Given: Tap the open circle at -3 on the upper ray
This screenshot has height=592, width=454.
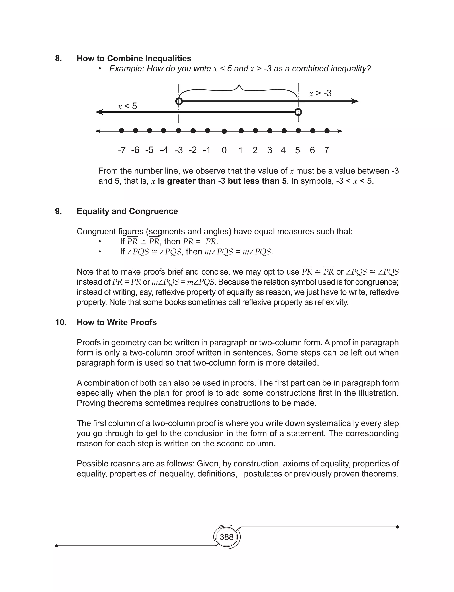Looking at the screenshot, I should (x=179, y=101).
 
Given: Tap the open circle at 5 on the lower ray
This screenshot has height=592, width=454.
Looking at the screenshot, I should (x=298, y=112).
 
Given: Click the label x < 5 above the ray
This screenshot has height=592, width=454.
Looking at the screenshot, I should (x=127, y=106).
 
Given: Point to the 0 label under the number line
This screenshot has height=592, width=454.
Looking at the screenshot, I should (x=224, y=150).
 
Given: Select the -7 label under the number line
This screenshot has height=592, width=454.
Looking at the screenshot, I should (x=122, y=150).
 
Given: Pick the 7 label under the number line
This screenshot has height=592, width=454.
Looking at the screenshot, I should (x=327, y=150).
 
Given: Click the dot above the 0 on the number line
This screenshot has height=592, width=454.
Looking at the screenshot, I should (x=224, y=131).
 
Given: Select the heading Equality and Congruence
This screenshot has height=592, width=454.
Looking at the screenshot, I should (x=127, y=211).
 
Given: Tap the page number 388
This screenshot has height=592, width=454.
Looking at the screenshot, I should (x=227, y=537).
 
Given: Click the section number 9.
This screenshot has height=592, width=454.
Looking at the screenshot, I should (x=58, y=211).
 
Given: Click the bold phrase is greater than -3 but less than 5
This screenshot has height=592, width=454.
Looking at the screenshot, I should (x=222, y=181).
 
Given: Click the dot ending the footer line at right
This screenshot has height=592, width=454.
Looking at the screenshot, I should (x=397, y=527).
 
